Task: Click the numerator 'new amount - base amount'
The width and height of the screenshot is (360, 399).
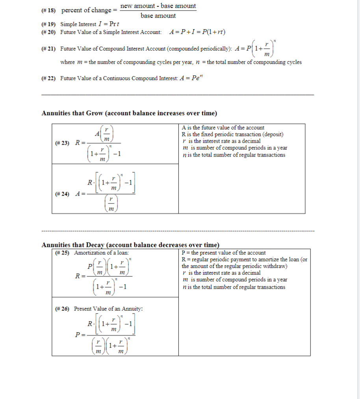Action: click(x=158, y=6)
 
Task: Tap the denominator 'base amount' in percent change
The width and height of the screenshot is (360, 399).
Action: click(x=158, y=16)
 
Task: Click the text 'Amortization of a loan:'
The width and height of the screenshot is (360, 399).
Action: click(x=102, y=253)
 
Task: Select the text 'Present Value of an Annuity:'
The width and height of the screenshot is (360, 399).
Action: click(x=108, y=309)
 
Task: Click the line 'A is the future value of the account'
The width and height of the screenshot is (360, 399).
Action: click(x=223, y=128)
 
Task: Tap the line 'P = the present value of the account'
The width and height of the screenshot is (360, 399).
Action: click(x=224, y=253)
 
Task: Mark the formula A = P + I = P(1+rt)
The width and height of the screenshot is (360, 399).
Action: click(x=197, y=32)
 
